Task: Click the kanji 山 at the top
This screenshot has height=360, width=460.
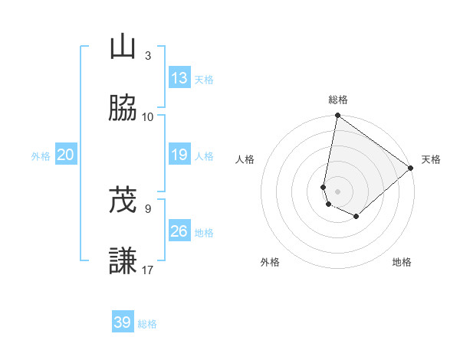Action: pos(123,47)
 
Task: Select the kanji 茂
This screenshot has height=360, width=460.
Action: pos(123,201)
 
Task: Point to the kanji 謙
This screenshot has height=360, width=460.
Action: pos(123,261)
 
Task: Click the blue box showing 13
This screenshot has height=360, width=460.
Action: pos(179,78)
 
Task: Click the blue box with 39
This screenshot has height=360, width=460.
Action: pos(123,322)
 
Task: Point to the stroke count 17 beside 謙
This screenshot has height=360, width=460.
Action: pos(148,270)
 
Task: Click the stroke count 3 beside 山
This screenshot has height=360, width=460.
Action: pos(148,55)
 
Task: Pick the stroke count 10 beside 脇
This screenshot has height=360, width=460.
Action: pos(148,116)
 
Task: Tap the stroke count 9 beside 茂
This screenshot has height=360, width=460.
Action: pos(148,208)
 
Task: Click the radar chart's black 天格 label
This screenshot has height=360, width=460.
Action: pos(431,159)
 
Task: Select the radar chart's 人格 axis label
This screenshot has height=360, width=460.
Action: pos(245,159)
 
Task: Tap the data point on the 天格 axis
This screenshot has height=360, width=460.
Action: pos(412,168)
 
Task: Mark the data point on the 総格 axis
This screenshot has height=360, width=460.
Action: pos(337,116)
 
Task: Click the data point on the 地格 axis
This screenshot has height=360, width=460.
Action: pos(356,217)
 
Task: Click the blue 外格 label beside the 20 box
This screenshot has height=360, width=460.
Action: pos(41,156)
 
